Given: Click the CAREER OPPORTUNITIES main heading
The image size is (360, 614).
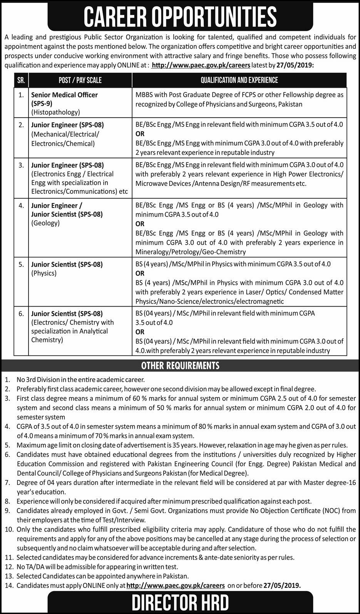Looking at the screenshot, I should pos(180,17).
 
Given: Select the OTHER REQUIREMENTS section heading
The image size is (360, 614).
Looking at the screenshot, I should pos(180,365).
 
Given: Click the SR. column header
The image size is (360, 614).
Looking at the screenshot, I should pos(21,80).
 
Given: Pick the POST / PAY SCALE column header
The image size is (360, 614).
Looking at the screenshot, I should pos(80,80).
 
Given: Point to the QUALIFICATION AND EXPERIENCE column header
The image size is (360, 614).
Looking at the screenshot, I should pos(239,80).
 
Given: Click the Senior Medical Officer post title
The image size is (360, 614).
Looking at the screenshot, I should pos(64,95).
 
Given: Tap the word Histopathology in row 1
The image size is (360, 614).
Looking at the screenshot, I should pos(56,112).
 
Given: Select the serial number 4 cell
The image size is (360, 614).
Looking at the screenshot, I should pos(21,205).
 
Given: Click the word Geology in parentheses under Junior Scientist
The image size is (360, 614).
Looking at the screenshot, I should pos(45,223).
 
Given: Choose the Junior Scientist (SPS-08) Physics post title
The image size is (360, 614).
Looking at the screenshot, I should pos(67,264).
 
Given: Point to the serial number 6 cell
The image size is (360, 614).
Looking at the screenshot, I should pos(21,314).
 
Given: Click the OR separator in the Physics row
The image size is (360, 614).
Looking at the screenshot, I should pos(140,273).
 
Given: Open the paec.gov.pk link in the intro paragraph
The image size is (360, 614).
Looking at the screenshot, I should pos(201,65).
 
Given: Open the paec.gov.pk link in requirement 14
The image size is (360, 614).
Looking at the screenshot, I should pos(175,585).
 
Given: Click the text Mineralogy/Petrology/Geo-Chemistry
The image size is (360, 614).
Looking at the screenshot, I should pos(190,252).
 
